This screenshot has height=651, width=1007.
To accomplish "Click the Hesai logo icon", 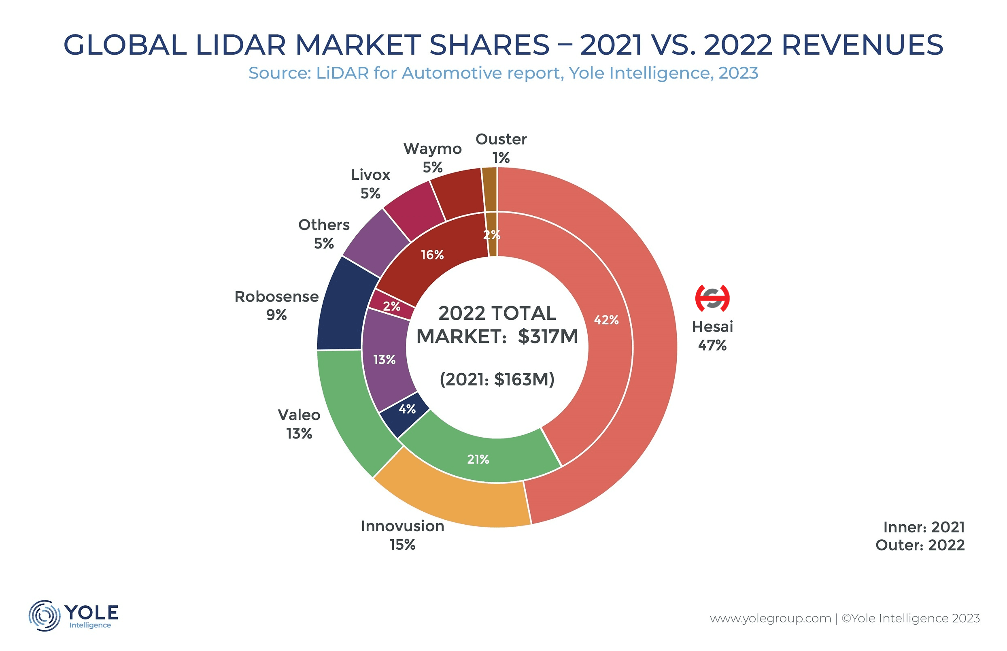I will point(712,298).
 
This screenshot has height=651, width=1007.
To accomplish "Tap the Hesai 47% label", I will point(712,336).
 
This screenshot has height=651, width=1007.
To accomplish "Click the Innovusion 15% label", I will point(402,535).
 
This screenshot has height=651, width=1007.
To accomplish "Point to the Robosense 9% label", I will point(276,306).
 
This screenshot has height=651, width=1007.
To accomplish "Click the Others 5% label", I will point(324,234).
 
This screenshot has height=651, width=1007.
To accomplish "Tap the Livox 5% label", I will point(370,184).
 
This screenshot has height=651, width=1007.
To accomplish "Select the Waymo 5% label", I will point(432,157).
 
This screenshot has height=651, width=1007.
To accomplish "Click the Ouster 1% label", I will point(501,148).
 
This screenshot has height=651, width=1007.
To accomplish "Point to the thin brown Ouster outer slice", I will point(489,189).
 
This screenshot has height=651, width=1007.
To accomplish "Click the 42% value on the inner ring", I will point(606,320).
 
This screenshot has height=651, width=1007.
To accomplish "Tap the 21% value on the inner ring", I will point(478,459).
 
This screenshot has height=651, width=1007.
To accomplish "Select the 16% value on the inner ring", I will point(432,255).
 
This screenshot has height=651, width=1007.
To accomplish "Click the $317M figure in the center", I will point(548,336).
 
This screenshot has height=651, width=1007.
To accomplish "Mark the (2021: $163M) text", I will point(497,379).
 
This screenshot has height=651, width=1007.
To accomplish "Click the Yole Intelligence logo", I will point(74,615).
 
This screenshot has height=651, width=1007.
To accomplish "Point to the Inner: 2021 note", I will point(924,527).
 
